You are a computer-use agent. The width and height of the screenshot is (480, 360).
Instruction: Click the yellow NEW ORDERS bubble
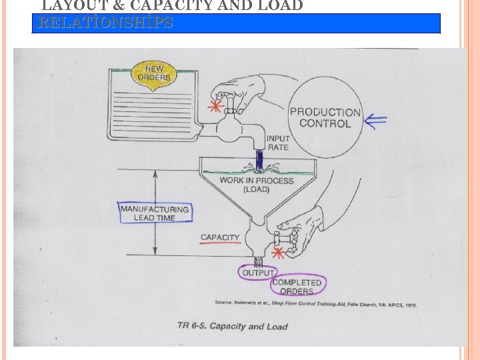[153, 73]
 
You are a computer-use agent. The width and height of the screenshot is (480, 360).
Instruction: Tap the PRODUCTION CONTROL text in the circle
[325, 118]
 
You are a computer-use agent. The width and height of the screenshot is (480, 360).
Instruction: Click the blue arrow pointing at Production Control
[375, 121]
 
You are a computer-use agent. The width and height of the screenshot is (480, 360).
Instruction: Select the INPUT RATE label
[278, 143]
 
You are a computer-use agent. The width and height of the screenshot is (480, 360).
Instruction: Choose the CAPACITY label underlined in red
[220, 238]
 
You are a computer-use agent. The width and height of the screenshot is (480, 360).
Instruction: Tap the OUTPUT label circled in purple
[258, 273]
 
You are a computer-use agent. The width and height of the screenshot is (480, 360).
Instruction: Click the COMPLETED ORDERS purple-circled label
[297, 287]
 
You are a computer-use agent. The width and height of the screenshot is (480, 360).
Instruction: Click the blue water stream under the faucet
[258, 160]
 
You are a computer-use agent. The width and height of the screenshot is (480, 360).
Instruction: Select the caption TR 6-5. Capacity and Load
[233, 326]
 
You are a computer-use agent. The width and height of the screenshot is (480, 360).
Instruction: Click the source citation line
[315, 305]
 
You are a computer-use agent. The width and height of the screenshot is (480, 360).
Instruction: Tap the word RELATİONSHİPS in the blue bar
[107, 23]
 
